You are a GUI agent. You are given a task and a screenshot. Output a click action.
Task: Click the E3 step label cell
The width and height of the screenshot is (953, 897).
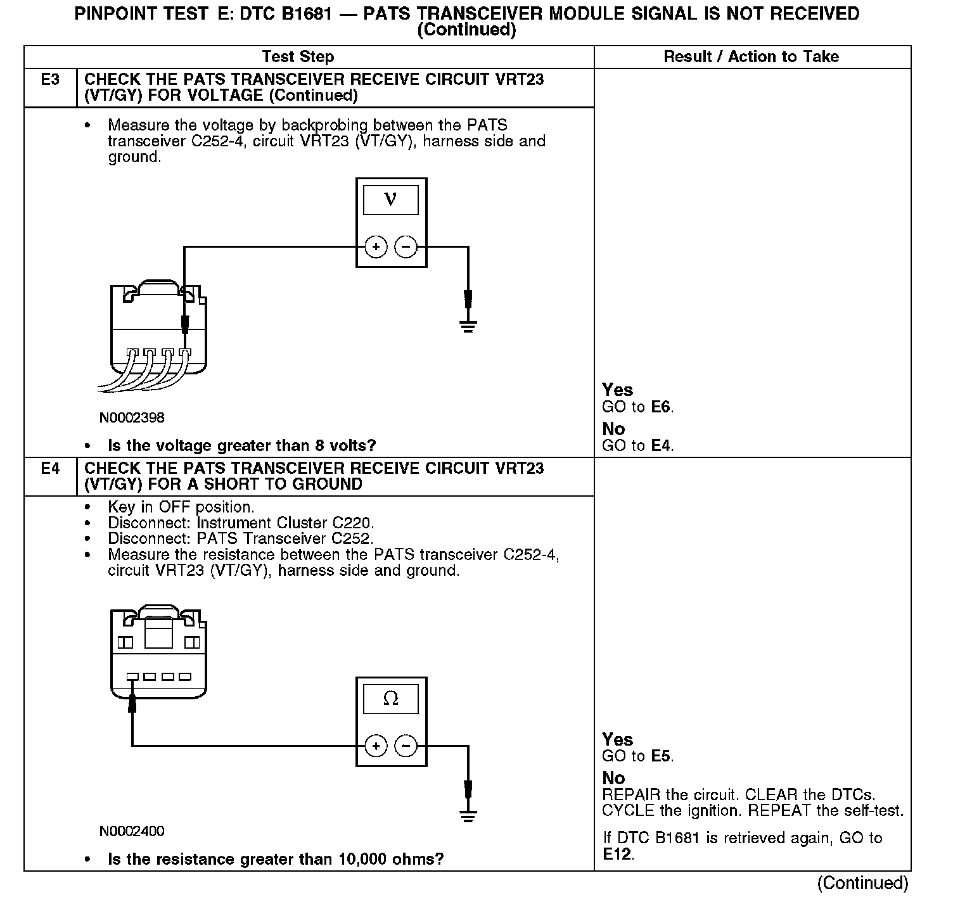[x=50, y=80]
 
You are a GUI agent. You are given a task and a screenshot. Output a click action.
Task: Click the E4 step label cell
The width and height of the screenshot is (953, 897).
[x=50, y=469]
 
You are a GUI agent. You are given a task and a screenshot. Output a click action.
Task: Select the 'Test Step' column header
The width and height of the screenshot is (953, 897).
[x=298, y=57]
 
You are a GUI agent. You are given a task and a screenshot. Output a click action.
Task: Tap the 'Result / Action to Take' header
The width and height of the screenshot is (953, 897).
[x=751, y=57]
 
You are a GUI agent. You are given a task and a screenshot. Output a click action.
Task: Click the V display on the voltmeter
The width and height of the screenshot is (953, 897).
[x=390, y=200]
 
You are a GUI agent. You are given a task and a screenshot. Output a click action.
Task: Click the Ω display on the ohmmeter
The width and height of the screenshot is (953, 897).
[x=390, y=699]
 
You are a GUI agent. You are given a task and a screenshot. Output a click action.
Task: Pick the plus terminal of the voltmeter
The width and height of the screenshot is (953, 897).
[x=376, y=247]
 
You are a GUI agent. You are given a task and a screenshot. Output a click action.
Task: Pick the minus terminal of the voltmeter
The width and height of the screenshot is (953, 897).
[x=406, y=247]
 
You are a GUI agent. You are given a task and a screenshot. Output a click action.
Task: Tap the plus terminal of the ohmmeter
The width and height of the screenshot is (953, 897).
[x=376, y=746]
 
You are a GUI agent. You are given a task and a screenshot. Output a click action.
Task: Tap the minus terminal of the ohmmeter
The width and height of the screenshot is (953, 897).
[x=406, y=746]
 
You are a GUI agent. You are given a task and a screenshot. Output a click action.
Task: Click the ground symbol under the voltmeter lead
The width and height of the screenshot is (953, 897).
[x=468, y=327]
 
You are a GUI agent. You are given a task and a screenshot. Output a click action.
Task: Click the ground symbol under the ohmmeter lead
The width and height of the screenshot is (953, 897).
[x=468, y=815]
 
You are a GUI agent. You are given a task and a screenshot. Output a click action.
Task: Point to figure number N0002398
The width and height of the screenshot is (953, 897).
[x=132, y=417]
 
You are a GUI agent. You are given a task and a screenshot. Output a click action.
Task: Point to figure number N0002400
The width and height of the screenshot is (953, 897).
[x=132, y=830]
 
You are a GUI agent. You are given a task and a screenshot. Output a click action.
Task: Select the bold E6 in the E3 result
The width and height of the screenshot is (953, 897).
[x=661, y=407]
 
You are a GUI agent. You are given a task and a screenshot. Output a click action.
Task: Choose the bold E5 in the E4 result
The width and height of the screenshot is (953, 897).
[x=661, y=756]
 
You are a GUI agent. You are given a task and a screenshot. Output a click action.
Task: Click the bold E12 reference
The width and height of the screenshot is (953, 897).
[x=617, y=855]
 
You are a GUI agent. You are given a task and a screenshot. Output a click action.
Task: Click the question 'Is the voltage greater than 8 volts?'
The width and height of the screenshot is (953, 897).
[x=242, y=446]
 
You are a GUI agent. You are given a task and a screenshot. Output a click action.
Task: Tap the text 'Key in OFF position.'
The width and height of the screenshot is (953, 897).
[x=181, y=507]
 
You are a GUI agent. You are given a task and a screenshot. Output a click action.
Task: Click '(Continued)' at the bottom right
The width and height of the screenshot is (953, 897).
[x=862, y=883]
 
